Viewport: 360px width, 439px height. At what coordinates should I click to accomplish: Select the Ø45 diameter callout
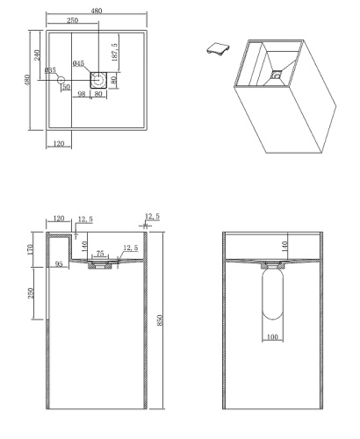pyautogui.click(x=79, y=64)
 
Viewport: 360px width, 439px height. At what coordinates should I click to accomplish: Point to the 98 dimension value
pyautogui.click(x=82, y=95)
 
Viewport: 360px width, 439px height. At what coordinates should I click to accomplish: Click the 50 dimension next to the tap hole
pyautogui.click(x=66, y=87)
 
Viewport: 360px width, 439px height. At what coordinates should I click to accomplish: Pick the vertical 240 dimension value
pyautogui.click(x=38, y=54)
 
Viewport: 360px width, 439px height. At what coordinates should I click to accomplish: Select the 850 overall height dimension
pyautogui.click(x=158, y=320)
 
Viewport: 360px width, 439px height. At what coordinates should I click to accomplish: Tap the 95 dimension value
pyautogui.click(x=58, y=262)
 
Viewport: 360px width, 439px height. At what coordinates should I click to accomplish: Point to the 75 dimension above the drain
pyautogui.click(x=99, y=253)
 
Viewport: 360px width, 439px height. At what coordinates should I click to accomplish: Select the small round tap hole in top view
pyautogui.click(x=61, y=81)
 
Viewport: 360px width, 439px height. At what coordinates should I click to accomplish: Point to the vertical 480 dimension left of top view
pyautogui.click(x=26, y=81)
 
